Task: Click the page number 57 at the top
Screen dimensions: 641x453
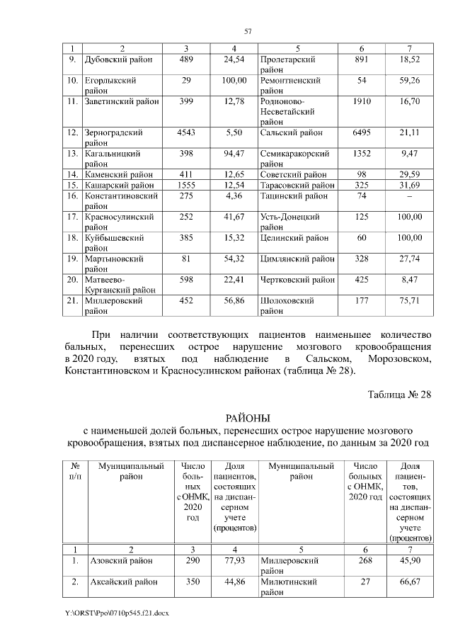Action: click(x=248, y=30)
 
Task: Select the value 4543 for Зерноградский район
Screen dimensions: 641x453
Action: click(x=185, y=132)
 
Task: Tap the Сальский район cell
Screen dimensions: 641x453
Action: click(x=291, y=132)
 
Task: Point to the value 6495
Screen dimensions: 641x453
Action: click(x=362, y=132)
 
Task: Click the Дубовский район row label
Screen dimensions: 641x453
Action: click(x=114, y=61)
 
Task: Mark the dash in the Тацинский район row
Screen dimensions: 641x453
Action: click(x=411, y=195)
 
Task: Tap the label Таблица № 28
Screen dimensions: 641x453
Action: click(x=399, y=394)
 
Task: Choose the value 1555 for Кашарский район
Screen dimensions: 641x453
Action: click(x=185, y=185)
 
